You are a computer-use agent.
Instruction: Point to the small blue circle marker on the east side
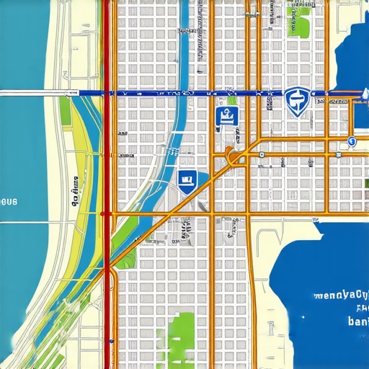pyautogui.click(x=351, y=141)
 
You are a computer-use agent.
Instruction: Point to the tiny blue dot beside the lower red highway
pyautogui.click(x=112, y=339)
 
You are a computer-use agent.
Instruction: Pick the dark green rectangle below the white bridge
pyautogui.click(x=64, y=108)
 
